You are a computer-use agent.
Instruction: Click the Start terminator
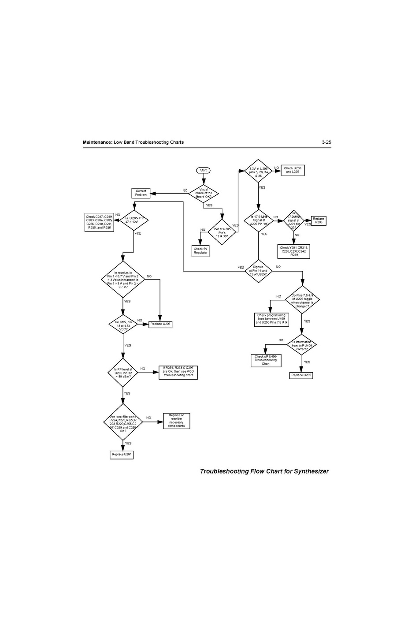coord(204,170)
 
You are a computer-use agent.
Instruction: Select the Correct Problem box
coord(141,193)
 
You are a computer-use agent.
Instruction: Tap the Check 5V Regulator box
coord(200,250)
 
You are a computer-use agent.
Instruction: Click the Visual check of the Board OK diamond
coord(204,193)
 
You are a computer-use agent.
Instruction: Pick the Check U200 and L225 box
coord(292,170)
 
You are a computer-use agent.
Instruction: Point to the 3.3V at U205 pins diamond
coord(259,172)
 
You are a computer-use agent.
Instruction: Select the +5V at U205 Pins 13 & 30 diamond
coord(222,232)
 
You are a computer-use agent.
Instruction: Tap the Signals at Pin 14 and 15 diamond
coord(258,271)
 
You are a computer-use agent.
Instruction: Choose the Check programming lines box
coord(271,319)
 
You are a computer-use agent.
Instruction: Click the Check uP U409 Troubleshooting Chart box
coord(266,360)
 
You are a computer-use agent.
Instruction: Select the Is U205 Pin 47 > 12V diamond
coord(134,220)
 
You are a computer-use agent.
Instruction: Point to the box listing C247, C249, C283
coord(99,222)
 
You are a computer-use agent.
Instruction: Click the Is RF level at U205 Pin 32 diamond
coord(123,373)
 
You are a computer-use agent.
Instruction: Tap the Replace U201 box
coord(122,454)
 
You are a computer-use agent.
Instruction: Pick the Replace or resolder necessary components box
coord(176,421)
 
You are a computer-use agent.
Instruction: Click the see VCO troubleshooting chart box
coord(178,373)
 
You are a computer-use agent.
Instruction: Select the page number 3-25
coord(326,142)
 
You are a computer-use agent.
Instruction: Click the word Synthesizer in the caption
coord(312,471)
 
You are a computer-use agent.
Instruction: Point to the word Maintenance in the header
coord(97,142)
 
